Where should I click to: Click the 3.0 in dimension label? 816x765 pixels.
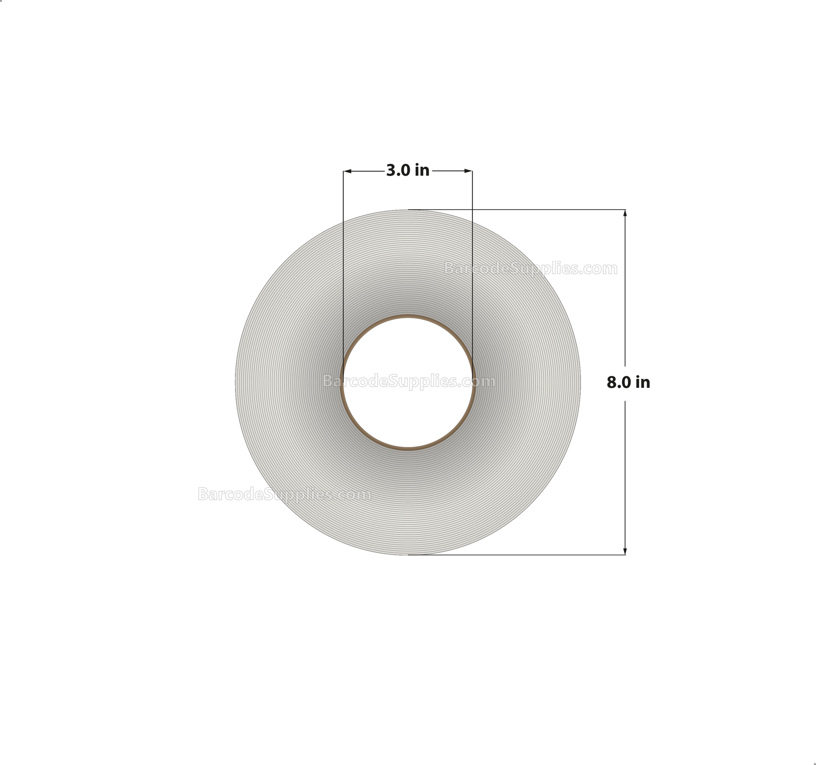point(408,170)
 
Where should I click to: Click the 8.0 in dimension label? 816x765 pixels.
point(628,383)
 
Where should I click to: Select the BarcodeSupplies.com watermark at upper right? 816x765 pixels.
point(530,269)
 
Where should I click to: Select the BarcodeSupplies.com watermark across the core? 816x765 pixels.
point(409,382)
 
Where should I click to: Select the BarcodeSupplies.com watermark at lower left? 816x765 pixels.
point(284,494)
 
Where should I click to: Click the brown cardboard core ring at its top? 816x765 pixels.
point(408,317)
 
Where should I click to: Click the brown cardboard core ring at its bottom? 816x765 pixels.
point(408,448)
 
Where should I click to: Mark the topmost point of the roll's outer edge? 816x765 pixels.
point(408,210)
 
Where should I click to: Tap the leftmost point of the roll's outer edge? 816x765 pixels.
point(235,382)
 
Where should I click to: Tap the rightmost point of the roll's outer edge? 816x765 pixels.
point(581,382)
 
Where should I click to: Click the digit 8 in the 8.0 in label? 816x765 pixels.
point(611,383)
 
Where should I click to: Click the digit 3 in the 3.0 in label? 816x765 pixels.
point(391,170)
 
